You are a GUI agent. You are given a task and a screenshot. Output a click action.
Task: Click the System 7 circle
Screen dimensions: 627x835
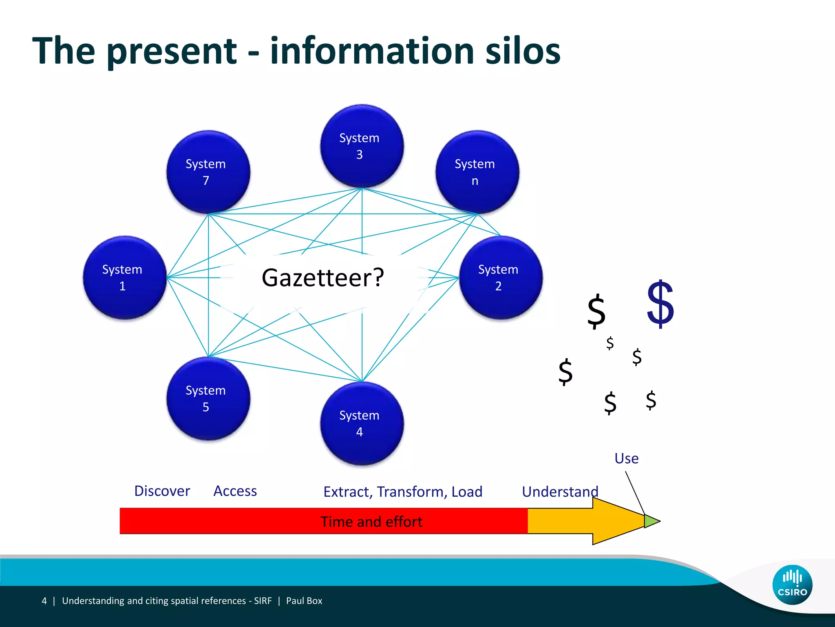pos(208,172)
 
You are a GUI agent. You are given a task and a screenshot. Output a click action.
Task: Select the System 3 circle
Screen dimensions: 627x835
pos(362,146)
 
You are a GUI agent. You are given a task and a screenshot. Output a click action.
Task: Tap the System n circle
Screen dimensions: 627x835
pos(477,172)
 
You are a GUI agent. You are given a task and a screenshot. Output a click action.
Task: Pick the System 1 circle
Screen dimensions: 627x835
pos(124,278)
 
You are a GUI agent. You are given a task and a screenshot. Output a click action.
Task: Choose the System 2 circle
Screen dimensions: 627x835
pos(501,278)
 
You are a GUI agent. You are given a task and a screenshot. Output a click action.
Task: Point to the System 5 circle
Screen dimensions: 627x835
pos(208,398)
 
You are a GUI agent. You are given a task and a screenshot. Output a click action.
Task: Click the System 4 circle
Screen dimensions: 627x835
pos(362,423)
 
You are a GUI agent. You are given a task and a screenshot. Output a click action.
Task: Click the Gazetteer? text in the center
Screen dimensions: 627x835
pos(323,278)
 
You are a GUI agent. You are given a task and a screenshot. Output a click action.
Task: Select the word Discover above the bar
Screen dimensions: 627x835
pos(162,491)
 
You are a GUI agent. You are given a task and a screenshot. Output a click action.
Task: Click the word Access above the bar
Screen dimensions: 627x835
pos(235,491)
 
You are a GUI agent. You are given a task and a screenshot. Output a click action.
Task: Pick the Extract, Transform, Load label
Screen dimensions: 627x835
pos(402,492)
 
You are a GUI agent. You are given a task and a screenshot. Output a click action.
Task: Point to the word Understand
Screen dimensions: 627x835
pos(560,492)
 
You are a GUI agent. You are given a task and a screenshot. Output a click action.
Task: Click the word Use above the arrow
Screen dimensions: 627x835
pos(626,458)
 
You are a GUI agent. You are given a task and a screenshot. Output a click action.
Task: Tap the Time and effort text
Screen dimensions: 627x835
pos(371,522)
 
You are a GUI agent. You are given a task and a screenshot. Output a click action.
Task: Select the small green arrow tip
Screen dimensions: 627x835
pos(651,521)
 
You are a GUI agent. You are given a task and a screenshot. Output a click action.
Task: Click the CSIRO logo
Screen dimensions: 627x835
pos(792,585)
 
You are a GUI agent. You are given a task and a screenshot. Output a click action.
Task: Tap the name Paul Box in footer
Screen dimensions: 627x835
pos(304,601)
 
